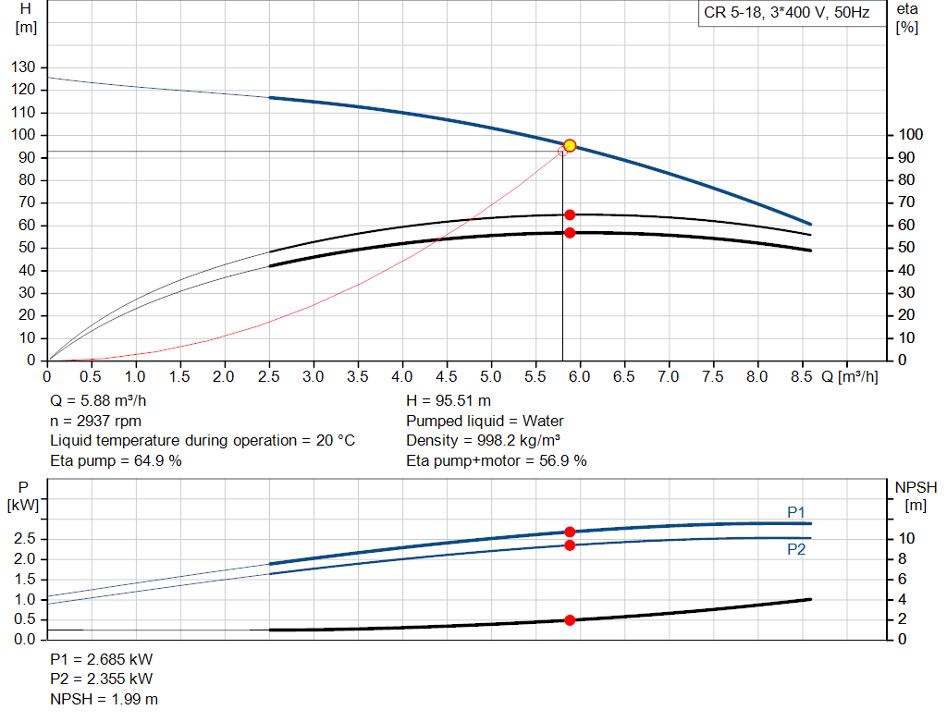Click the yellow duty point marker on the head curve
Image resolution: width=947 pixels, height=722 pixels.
(x=570, y=145)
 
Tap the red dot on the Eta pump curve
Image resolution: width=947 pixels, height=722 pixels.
(x=570, y=214)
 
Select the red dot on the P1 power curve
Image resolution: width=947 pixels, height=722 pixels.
(x=570, y=532)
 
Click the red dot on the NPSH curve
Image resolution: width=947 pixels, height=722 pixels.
(x=570, y=620)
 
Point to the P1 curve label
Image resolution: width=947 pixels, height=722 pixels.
(x=797, y=511)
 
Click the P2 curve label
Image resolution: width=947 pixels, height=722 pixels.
(x=797, y=549)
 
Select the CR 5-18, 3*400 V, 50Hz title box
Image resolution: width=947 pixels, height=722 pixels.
(x=786, y=14)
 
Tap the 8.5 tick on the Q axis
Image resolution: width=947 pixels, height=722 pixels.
(x=801, y=377)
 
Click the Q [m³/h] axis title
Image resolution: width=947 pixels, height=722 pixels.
(x=849, y=377)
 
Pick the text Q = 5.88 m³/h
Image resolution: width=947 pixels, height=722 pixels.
(x=99, y=401)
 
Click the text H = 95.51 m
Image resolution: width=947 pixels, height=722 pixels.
(x=449, y=401)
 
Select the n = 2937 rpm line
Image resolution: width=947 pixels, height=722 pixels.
(x=96, y=421)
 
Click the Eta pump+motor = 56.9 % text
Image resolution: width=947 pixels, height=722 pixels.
(x=496, y=460)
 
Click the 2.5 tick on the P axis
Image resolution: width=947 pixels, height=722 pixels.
(x=25, y=538)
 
